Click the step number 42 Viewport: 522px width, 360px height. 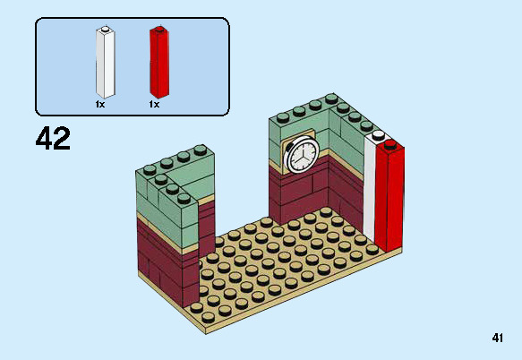53,139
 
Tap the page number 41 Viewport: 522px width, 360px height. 498,338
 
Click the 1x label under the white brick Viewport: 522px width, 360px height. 100,105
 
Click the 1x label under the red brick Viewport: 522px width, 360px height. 154,105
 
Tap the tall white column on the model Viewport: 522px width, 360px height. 370,193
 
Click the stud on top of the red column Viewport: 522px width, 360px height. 390,142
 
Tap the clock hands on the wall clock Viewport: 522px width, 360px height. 302,155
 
